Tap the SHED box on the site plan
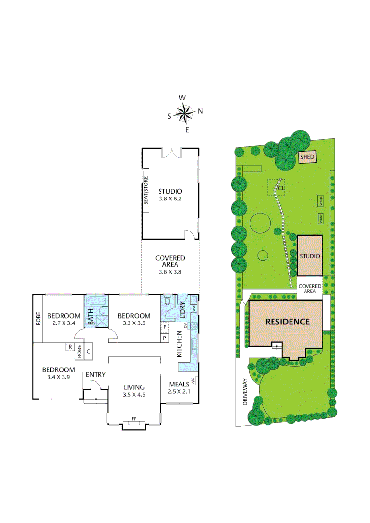(307, 157)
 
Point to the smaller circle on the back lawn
(263, 255)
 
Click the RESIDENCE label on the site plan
(287, 321)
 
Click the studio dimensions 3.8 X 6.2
(169, 199)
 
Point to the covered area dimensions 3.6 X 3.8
(170, 272)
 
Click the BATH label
(90, 320)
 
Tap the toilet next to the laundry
(167, 302)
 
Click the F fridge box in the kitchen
(164, 327)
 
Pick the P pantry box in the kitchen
(164, 338)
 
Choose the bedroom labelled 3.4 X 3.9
(57, 372)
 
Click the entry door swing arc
(96, 384)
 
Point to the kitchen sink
(193, 344)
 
